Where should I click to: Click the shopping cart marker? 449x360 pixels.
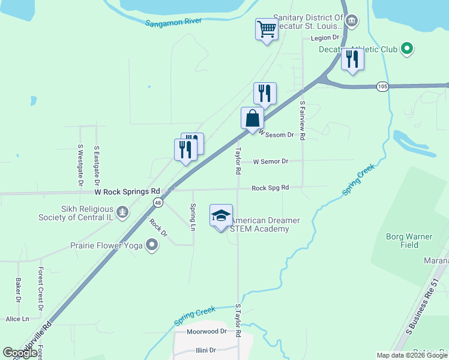[x=266, y=29]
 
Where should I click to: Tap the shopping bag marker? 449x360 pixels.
[x=253, y=118]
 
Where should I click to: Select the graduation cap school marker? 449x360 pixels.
[x=221, y=215]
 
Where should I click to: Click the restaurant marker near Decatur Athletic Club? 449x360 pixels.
[x=352, y=59]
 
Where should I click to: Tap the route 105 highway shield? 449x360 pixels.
[x=382, y=86]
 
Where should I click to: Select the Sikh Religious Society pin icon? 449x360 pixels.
[x=123, y=211]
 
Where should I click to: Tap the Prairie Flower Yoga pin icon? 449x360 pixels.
[x=152, y=244]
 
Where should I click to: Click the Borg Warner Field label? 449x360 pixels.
[x=409, y=241]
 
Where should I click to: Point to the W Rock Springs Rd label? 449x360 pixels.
[x=127, y=191]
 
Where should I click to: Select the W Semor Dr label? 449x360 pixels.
[x=271, y=161]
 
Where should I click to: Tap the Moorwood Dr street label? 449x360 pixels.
[x=206, y=331]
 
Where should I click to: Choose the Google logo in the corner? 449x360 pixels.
[x=20, y=353]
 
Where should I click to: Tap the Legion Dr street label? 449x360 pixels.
[x=325, y=38]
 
